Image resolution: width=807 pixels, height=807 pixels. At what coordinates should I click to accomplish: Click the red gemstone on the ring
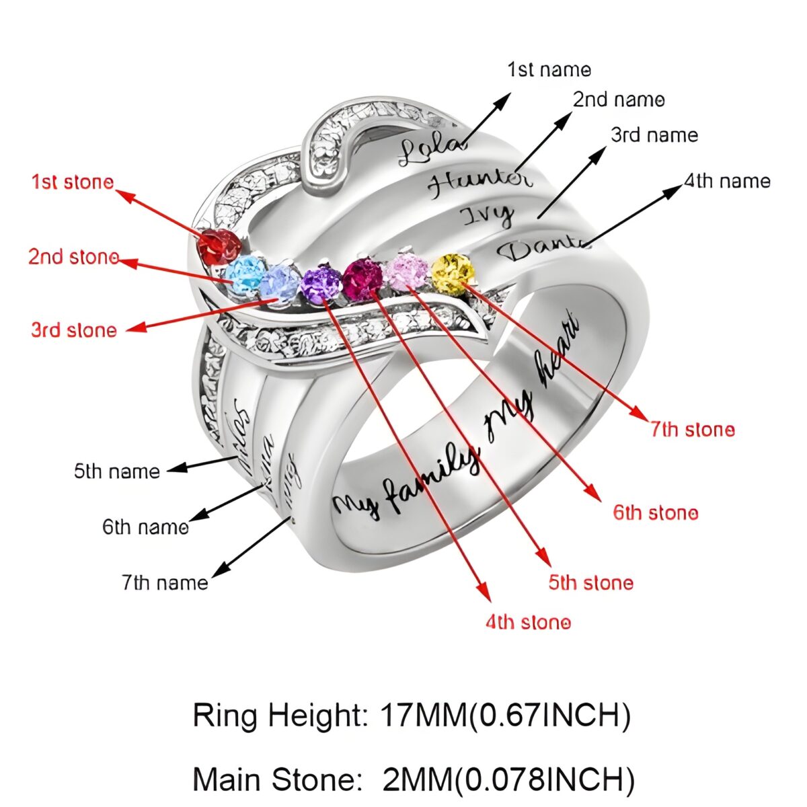click(218, 245)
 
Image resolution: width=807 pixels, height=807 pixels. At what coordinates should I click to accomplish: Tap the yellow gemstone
click(453, 273)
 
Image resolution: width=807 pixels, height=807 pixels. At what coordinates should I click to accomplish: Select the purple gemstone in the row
click(320, 284)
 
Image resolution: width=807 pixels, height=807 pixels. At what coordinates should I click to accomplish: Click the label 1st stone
click(73, 182)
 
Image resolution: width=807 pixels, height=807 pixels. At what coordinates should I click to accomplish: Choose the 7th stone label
click(692, 429)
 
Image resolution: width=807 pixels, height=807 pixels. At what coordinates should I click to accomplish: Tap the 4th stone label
click(528, 623)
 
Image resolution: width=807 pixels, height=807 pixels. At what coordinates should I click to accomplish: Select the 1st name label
click(549, 69)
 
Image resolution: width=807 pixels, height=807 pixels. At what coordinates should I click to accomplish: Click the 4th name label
click(727, 181)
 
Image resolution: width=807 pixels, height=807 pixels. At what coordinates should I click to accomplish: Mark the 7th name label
click(165, 582)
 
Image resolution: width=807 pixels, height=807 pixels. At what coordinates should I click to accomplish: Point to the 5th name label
click(117, 471)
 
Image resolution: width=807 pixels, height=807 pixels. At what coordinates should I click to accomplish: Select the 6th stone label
click(655, 513)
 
